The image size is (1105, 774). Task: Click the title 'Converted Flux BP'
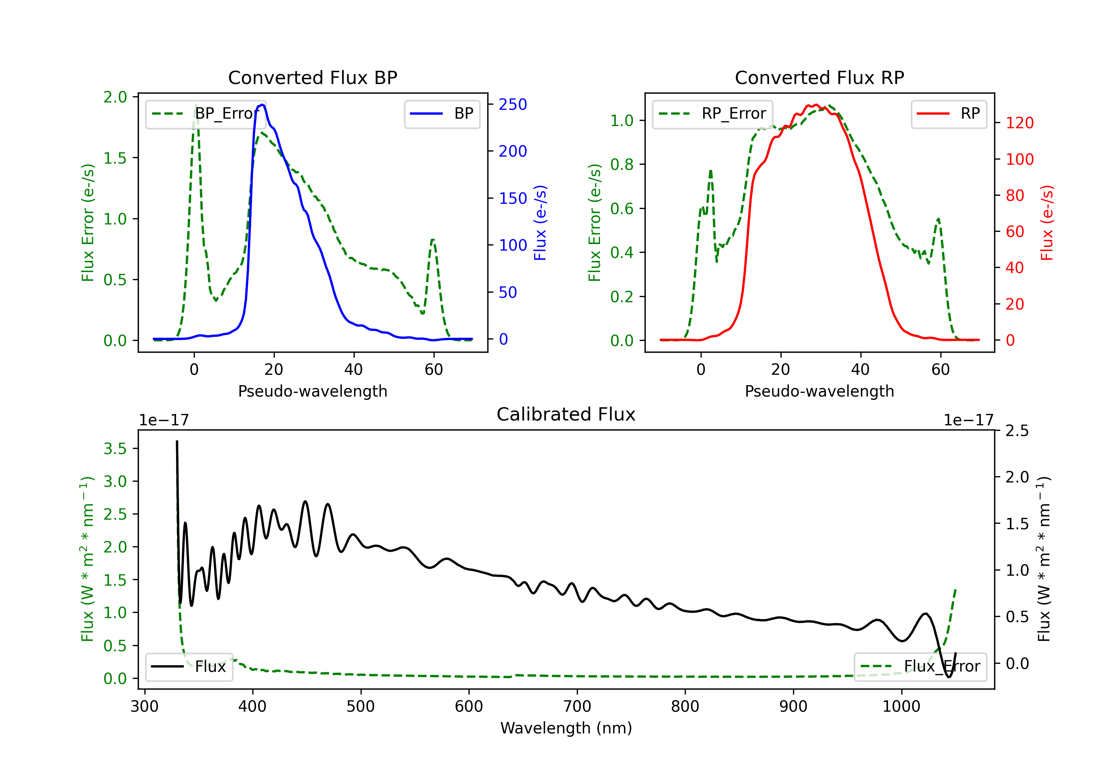[x=313, y=77]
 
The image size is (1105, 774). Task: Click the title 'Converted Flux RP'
[x=820, y=77]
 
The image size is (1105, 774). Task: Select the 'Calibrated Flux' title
[x=566, y=414]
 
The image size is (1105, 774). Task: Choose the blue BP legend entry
[x=442, y=114]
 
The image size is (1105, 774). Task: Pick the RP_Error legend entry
[x=712, y=114]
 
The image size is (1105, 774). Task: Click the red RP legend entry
[x=948, y=114]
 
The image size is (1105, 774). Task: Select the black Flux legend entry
[x=189, y=667]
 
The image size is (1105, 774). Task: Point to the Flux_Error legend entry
[x=920, y=667]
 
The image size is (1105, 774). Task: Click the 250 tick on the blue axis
[x=513, y=105]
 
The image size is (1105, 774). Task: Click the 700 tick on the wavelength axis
[x=577, y=707]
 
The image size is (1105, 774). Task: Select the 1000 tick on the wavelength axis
[x=901, y=707]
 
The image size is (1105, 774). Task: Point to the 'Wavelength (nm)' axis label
[x=566, y=728]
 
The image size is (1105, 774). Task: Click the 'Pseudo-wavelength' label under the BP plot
[x=313, y=391]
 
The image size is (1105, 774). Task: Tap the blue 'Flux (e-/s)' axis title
[x=540, y=223]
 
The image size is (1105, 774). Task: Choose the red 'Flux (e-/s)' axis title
[x=1047, y=223]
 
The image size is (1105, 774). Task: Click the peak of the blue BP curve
[x=262, y=105]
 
